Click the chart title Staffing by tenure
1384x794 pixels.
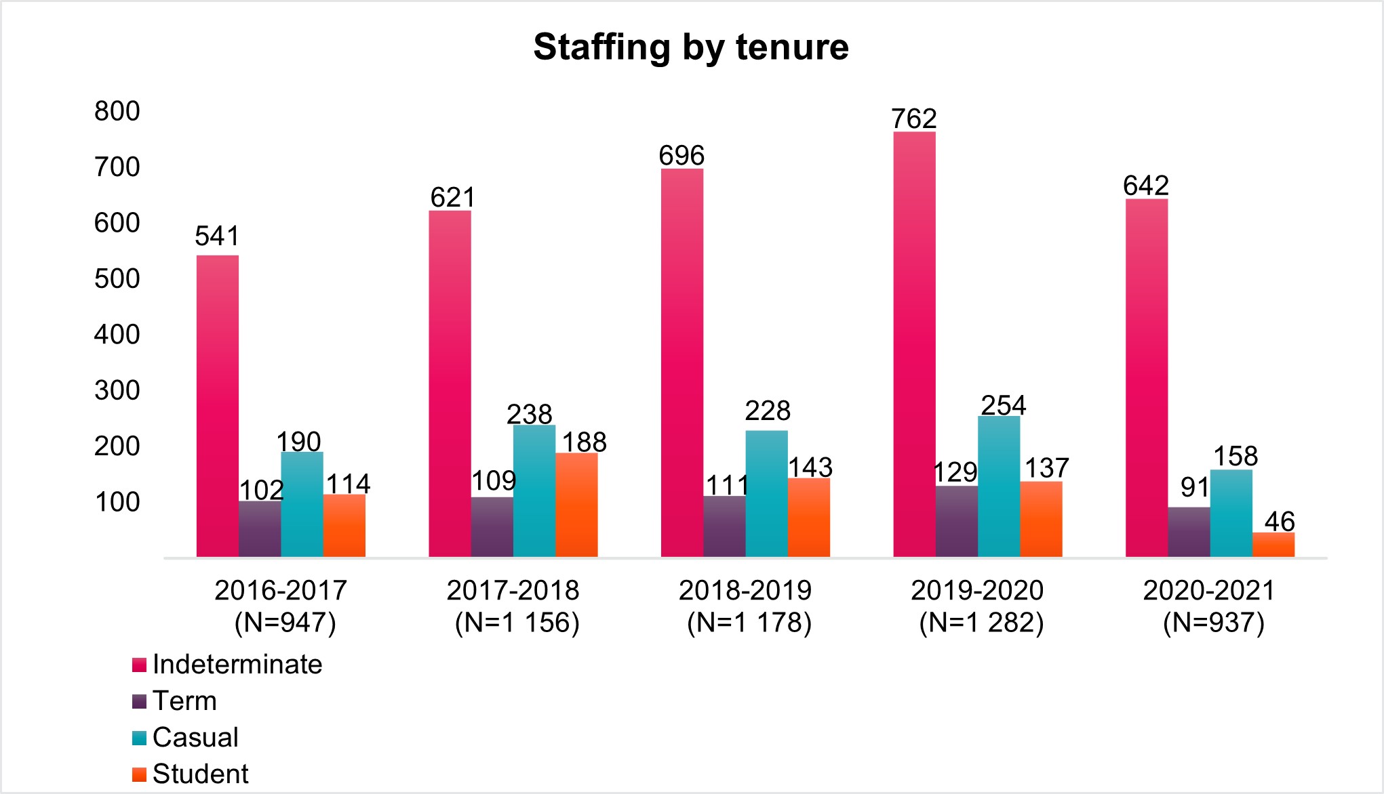pyautogui.click(x=691, y=47)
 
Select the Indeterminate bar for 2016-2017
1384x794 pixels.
pyautogui.click(x=218, y=406)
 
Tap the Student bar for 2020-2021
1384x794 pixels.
pyautogui.click(x=1273, y=545)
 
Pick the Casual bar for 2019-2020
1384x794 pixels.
pyautogui.click(x=999, y=486)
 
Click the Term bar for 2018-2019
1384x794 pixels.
pyautogui.click(x=724, y=526)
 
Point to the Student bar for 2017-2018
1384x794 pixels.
pyautogui.click(x=576, y=505)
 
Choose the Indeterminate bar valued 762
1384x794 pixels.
pyautogui.click(x=914, y=344)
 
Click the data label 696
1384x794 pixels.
pyautogui.click(x=681, y=156)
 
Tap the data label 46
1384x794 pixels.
pyautogui.click(x=1280, y=522)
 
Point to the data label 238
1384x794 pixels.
pyautogui.click(x=530, y=414)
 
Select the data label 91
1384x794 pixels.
pyautogui.click(x=1194, y=487)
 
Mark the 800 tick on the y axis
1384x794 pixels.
pyautogui.click(x=117, y=111)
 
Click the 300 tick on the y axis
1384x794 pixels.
pyautogui.click(x=117, y=390)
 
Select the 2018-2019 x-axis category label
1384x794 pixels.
pyautogui.click(x=746, y=606)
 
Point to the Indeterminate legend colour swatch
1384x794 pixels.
pyautogui.click(x=140, y=665)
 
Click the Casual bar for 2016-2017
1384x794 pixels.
pyautogui.click(x=302, y=504)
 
